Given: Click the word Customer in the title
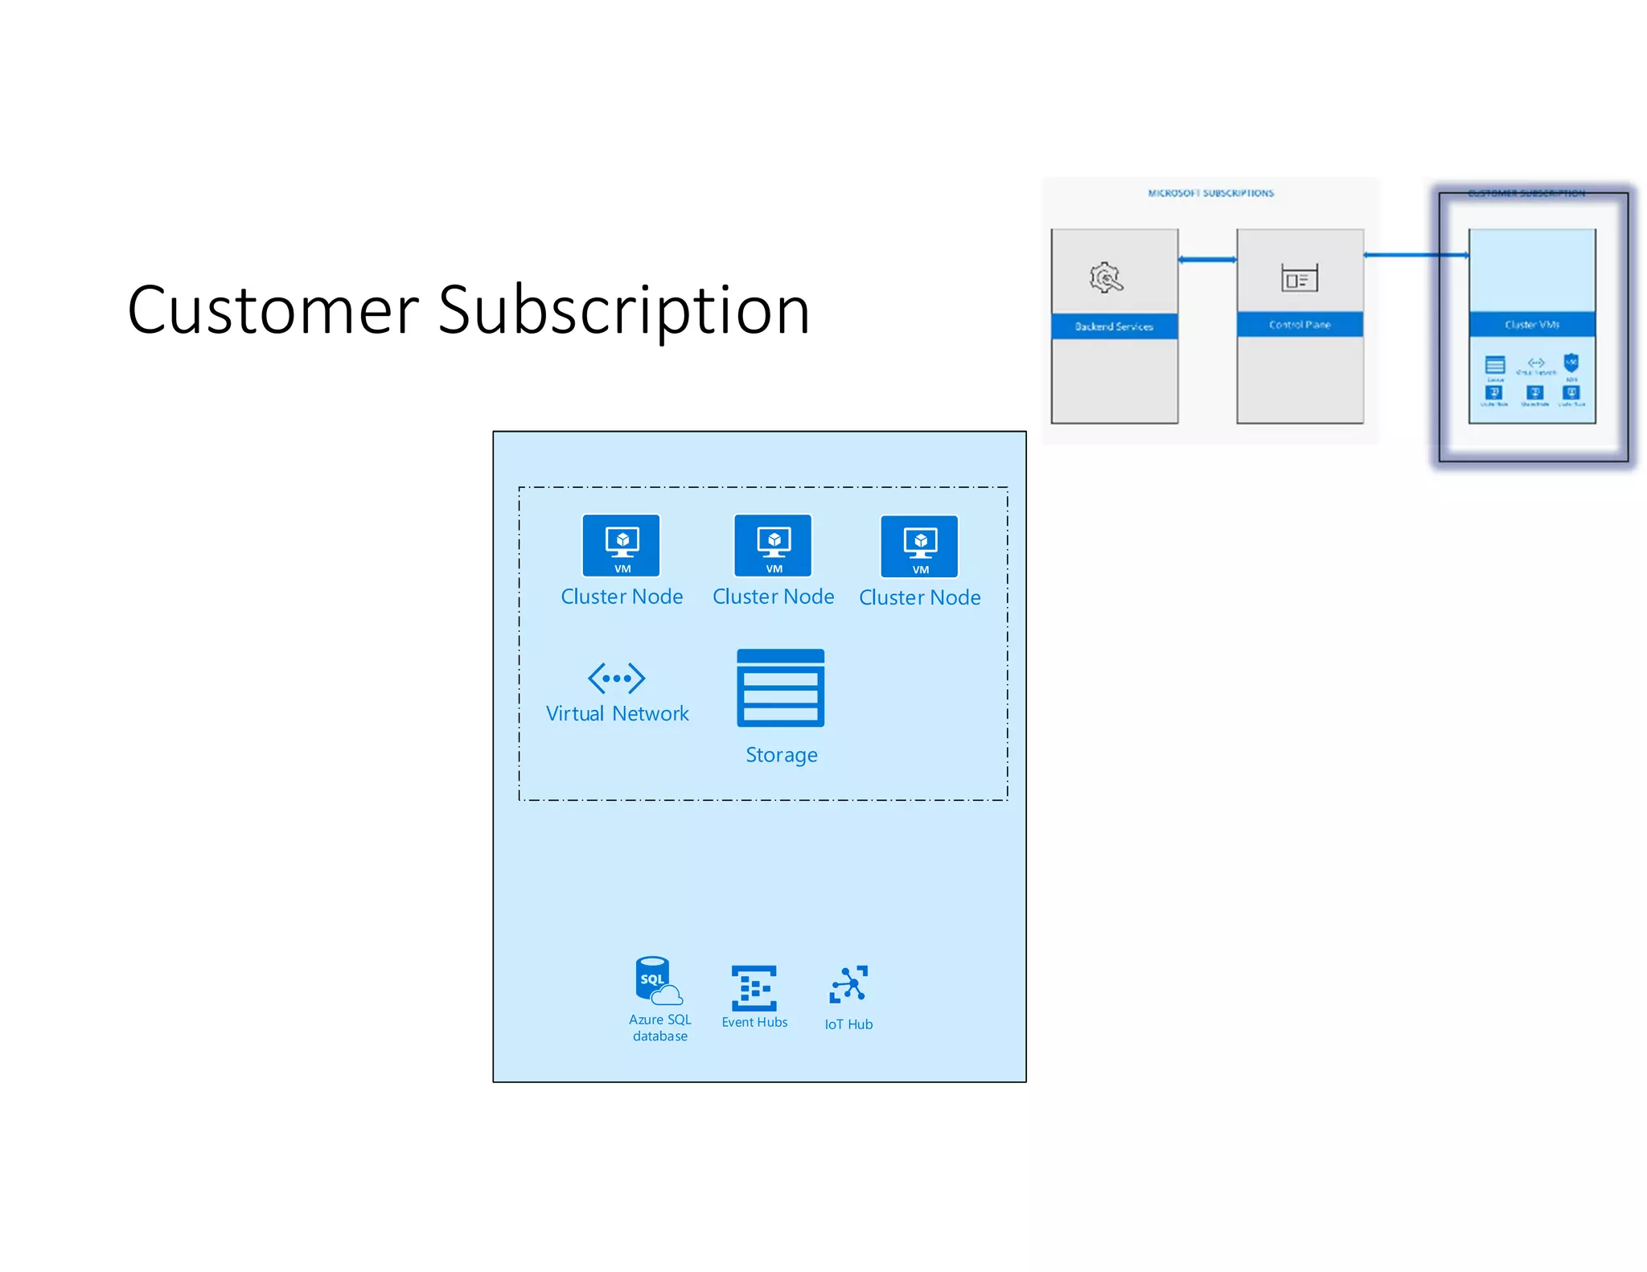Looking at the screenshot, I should click(x=273, y=310).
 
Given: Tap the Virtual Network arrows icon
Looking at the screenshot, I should click(x=616, y=678).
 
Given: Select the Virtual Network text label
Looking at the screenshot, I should click(x=617, y=713).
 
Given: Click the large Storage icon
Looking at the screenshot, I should click(x=780, y=688).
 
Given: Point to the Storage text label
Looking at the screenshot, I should click(x=781, y=755).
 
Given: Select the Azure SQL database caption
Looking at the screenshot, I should click(x=659, y=1028).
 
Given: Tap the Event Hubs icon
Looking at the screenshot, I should click(x=754, y=987).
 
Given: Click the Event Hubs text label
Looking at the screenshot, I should click(x=754, y=1022).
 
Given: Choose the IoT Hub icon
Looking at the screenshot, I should click(x=848, y=984).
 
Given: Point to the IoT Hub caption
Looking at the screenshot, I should click(x=848, y=1024).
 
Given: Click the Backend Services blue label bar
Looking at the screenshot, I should click(x=1114, y=326).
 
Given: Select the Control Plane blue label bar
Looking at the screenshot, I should click(x=1300, y=324).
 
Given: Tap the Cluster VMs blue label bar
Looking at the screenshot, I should click(x=1531, y=324).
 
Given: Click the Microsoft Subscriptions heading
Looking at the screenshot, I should click(x=1210, y=193).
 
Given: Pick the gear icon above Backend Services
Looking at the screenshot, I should click(x=1106, y=277).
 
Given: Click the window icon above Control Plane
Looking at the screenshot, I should click(x=1299, y=278).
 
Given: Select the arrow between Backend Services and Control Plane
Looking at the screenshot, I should click(x=1207, y=259).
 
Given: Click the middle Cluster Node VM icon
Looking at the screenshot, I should click(x=773, y=545).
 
